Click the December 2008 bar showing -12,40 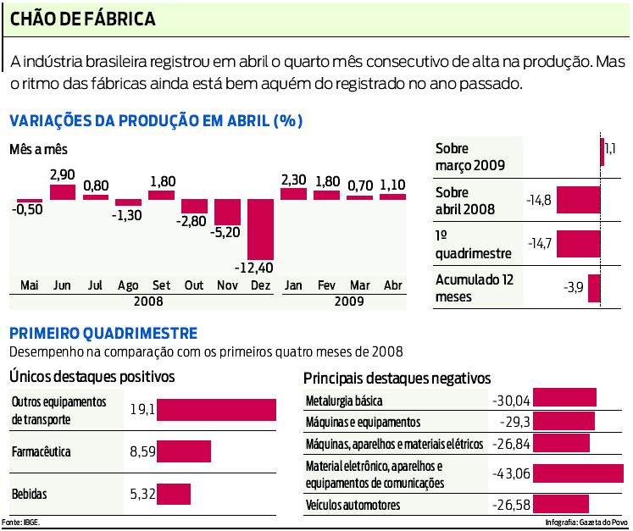(260, 230)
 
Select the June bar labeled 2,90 (63, 192)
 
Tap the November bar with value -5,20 (227, 213)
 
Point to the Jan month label (292, 285)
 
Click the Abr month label (392, 285)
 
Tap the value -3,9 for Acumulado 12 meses (574, 288)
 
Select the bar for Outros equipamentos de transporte (217, 410)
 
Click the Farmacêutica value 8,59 (142, 452)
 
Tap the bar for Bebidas (174, 494)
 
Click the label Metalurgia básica (343, 400)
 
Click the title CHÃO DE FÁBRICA (83, 17)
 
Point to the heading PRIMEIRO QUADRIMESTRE (103, 334)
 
